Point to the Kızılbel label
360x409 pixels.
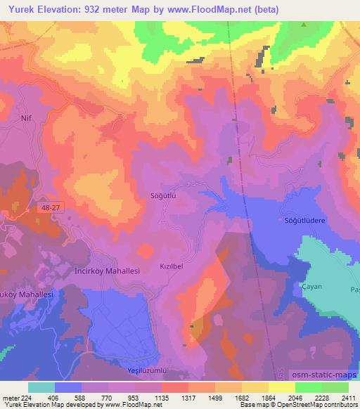coord(172,268)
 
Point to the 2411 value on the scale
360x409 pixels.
coord(347,397)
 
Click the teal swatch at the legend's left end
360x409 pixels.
coord(41,387)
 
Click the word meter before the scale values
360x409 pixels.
coord(11,397)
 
